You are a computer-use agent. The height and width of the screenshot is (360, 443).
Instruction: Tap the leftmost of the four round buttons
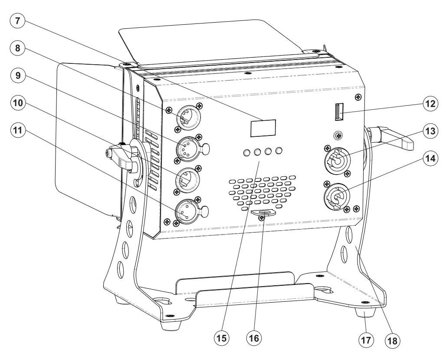[x=247, y=152]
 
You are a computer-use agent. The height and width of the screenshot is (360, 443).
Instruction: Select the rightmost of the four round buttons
[x=279, y=151]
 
